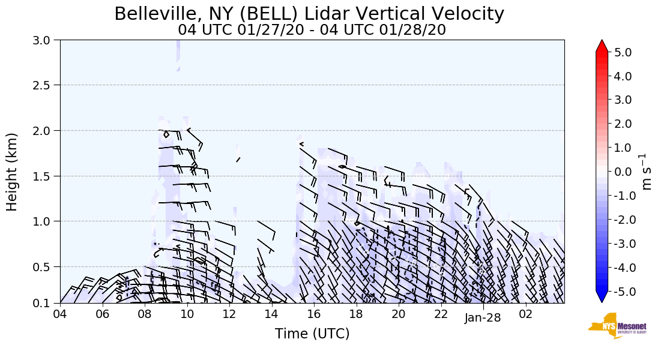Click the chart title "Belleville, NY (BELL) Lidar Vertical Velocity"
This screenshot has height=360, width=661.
(x=309, y=14)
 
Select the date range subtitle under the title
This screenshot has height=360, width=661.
(x=312, y=29)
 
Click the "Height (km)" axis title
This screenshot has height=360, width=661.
(x=13, y=172)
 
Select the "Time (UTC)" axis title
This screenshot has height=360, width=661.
(x=312, y=334)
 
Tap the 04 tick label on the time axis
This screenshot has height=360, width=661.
(x=60, y=314)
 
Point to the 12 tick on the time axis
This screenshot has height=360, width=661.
(x=229, y=314)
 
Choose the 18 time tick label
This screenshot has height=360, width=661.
(x=356, y=314)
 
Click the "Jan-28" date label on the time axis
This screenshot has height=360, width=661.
(x=483, y=319)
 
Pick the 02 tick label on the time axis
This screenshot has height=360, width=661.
(x=525, y=314)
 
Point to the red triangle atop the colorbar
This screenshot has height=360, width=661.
(x=602, y=46)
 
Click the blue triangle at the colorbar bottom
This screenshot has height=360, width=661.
(x=602, y=297)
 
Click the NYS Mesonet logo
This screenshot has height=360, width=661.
(x=617, y=325)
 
